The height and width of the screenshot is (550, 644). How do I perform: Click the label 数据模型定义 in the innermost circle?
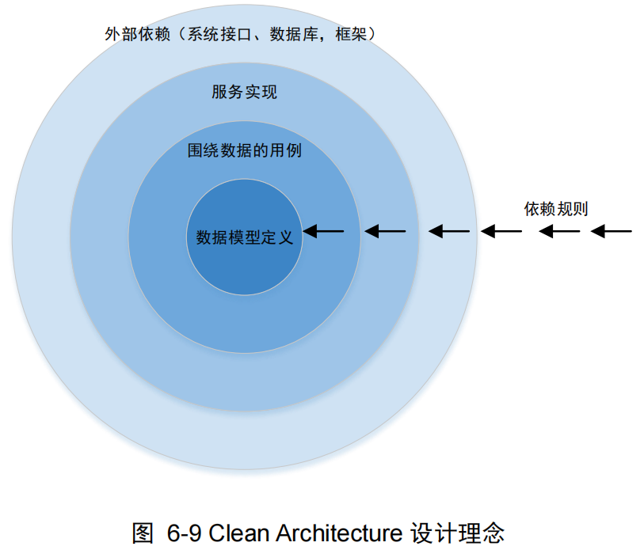244,237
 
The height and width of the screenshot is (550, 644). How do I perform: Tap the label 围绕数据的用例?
244,150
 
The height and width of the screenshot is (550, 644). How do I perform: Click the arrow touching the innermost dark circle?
324,231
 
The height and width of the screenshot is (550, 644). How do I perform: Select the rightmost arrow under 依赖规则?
612,231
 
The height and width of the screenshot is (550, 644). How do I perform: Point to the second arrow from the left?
385,231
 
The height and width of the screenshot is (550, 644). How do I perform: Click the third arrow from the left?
449,231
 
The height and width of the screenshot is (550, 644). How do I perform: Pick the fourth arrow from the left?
502,231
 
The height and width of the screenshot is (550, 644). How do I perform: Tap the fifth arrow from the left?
560,231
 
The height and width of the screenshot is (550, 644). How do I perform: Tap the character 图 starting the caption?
143,532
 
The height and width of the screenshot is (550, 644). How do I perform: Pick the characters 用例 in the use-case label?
285,150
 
